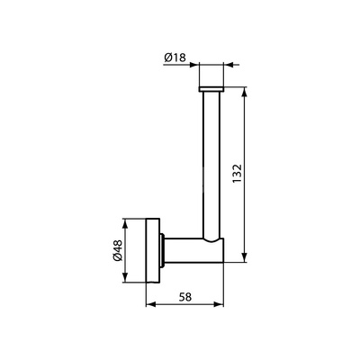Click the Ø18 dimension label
(175, 57)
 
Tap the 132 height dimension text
(237, 175)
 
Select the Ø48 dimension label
(118, 250)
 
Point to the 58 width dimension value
(184, 297)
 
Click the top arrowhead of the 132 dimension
(245, 92)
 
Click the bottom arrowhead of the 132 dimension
(245, 257)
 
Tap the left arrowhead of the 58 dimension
(150, 304)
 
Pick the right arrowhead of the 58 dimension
(219, 304)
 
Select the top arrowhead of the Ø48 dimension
(125, 223)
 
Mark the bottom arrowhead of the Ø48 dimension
(125, 277)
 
